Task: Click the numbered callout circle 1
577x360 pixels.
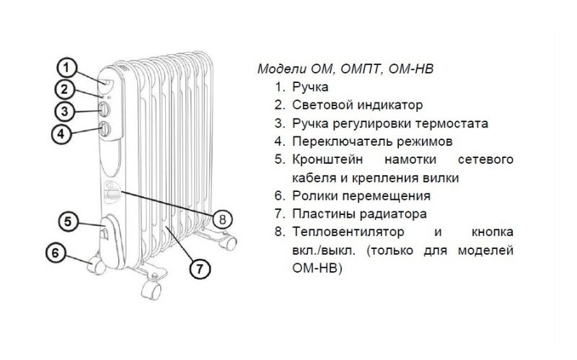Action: tap(66, 68)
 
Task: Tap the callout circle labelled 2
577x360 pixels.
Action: tap(64, 89)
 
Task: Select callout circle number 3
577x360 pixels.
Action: tap(64, 111)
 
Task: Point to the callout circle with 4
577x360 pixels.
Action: tap(61, 133)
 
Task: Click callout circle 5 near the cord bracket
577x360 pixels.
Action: tap(69, 221)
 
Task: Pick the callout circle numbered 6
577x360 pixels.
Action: tap(56, 253)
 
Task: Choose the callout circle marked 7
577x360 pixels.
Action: tap(200, 268)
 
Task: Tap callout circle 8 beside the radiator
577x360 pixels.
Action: tap(222, 220)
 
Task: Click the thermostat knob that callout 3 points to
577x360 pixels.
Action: tap(104, 110)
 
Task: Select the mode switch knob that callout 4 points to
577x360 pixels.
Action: tap(105, 130)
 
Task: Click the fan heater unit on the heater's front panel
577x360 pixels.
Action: tap(112, 192)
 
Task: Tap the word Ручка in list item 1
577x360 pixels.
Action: tap(310, 87)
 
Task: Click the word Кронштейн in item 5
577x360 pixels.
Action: tap(327, 159)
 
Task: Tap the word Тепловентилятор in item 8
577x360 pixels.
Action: tap(348, 232)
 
